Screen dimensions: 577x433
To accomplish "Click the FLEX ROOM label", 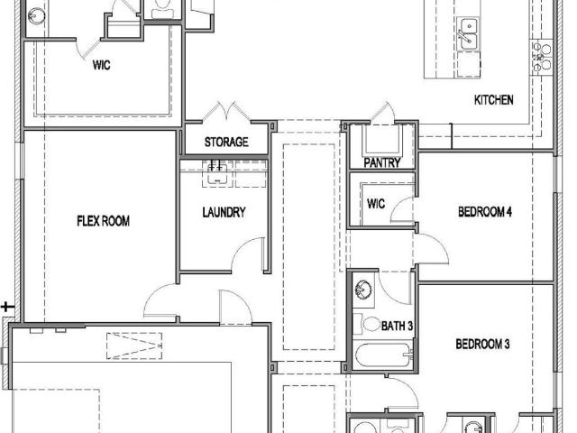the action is [x=104, y=221].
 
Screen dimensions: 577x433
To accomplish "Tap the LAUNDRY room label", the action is [x=224, y=212].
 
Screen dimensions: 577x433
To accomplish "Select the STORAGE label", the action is [x=226, y=143].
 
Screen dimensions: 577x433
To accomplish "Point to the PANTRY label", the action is [x=382, y=162].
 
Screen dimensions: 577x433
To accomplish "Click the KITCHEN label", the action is [x=493, y=100].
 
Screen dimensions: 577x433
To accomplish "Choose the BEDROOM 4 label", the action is [x=485, y=212].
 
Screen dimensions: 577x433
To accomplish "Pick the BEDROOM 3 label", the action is [x=482, y=344].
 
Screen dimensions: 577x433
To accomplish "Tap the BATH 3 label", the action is [x=397, y=326].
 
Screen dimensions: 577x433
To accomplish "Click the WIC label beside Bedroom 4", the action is [x=376, y=204].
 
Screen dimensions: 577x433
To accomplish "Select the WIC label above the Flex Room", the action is [x=102, y=65].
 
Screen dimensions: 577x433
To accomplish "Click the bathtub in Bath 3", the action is [x=383, y=355].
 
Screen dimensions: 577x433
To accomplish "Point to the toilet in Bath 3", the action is [x=367, y=324].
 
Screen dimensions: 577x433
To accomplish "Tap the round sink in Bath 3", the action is [x=363, y=290].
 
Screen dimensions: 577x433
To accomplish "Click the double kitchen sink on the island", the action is [x=468, y=33].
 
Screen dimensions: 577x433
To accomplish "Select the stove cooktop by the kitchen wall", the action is [x=541, y=57].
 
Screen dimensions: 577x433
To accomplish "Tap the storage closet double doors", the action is [x=226, y=112].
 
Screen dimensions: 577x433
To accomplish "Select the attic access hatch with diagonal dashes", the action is [x=134, y=345].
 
